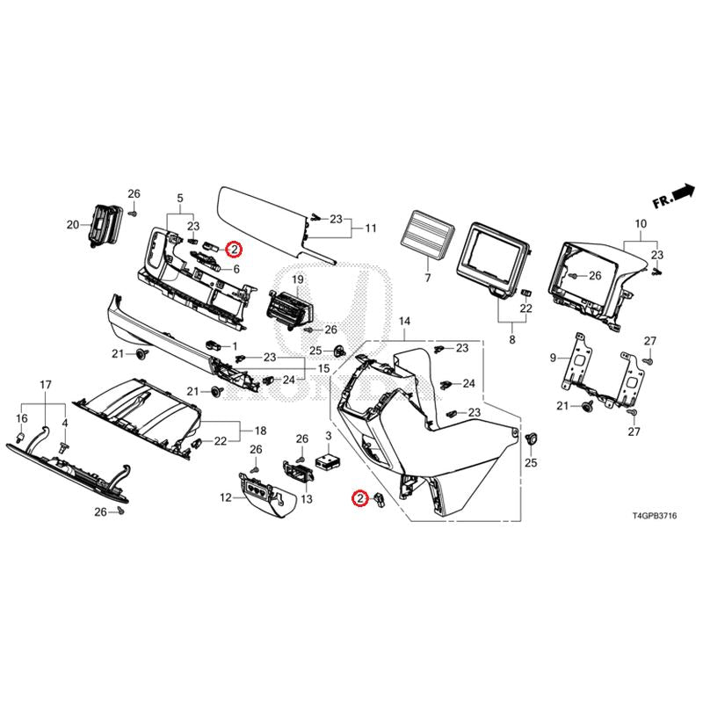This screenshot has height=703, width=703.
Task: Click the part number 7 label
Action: click(428, 278)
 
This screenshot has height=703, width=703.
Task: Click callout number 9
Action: click(554, 358)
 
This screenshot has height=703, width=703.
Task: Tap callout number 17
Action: click(46, 385)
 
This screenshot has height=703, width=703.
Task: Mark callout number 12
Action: click(226, 497)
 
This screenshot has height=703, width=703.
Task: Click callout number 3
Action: click(328, 436)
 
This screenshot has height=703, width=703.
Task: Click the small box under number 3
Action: click(331, 460)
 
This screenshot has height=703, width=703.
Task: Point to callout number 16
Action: click(23, 418)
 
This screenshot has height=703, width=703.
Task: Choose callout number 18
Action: click(259, 431)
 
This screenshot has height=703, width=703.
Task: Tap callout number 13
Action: click(307, 499)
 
